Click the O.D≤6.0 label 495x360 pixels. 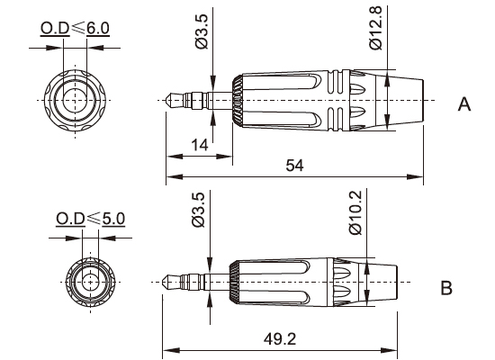click(x=75, y=28)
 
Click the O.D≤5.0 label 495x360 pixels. click(x=91, y=218)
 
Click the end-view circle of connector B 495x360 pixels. click(x=90, y=281)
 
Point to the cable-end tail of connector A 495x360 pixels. click(x=405, y=98)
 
